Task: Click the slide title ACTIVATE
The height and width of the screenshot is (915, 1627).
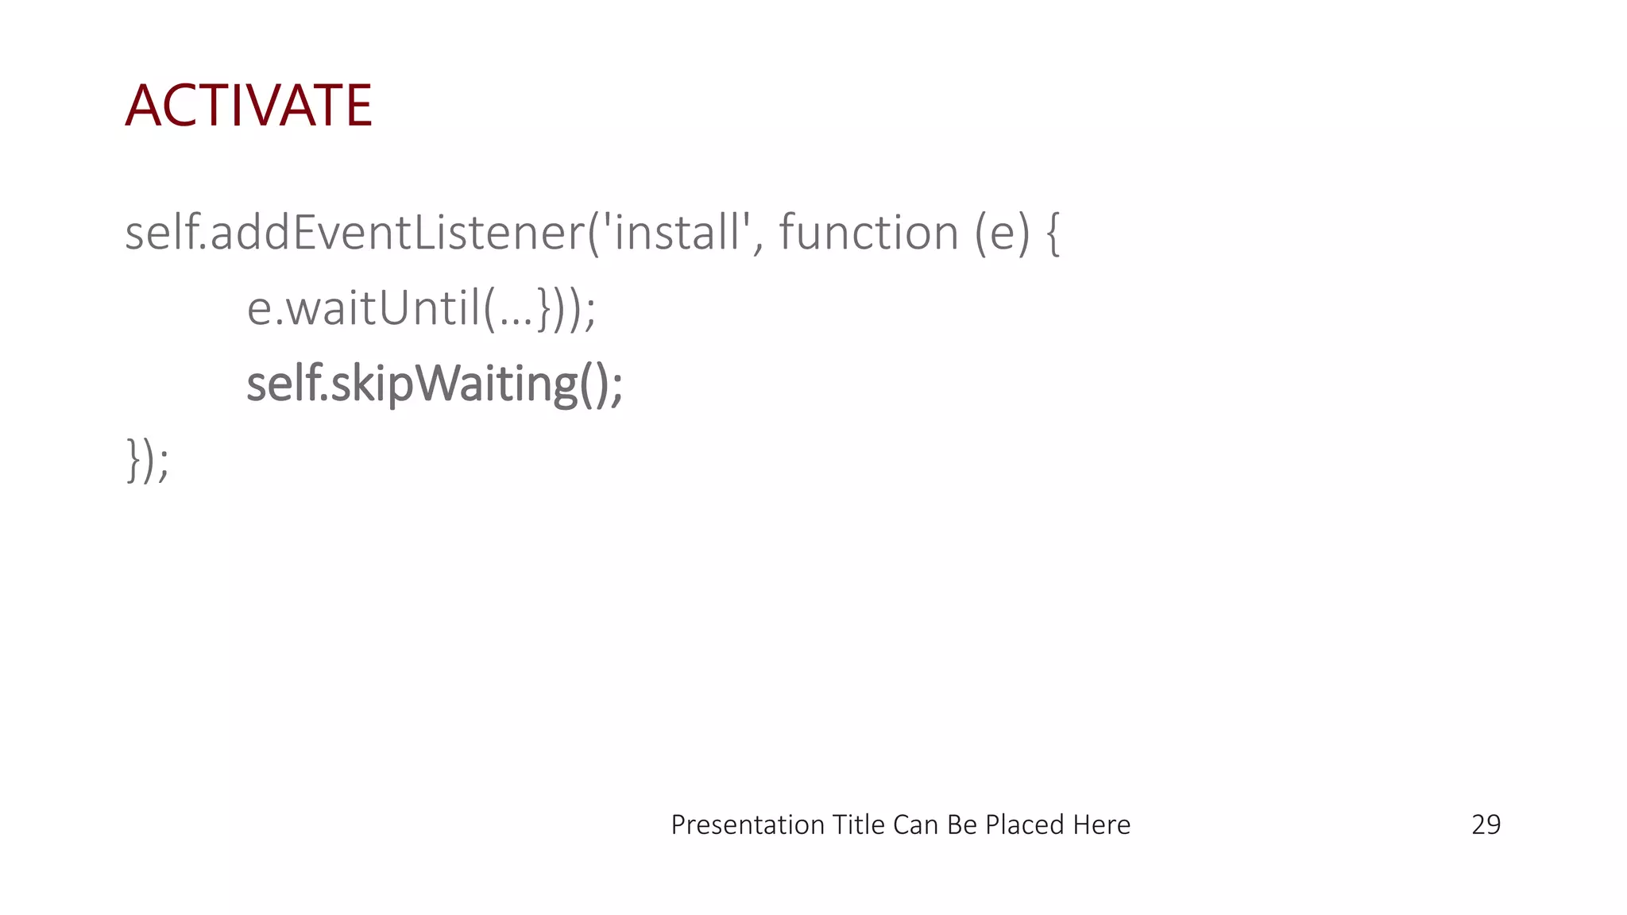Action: coord(249,106)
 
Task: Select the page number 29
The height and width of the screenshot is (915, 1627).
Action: coord(1486,825)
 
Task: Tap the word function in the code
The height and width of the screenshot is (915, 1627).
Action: coord(868,233)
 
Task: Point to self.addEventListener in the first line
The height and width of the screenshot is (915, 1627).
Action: coord(354,233)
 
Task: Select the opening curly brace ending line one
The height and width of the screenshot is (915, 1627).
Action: coord(1053,234)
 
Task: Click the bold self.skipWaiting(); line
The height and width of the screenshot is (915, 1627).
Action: coord(435,384)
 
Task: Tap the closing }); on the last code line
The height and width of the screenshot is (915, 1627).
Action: coord(148,460)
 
